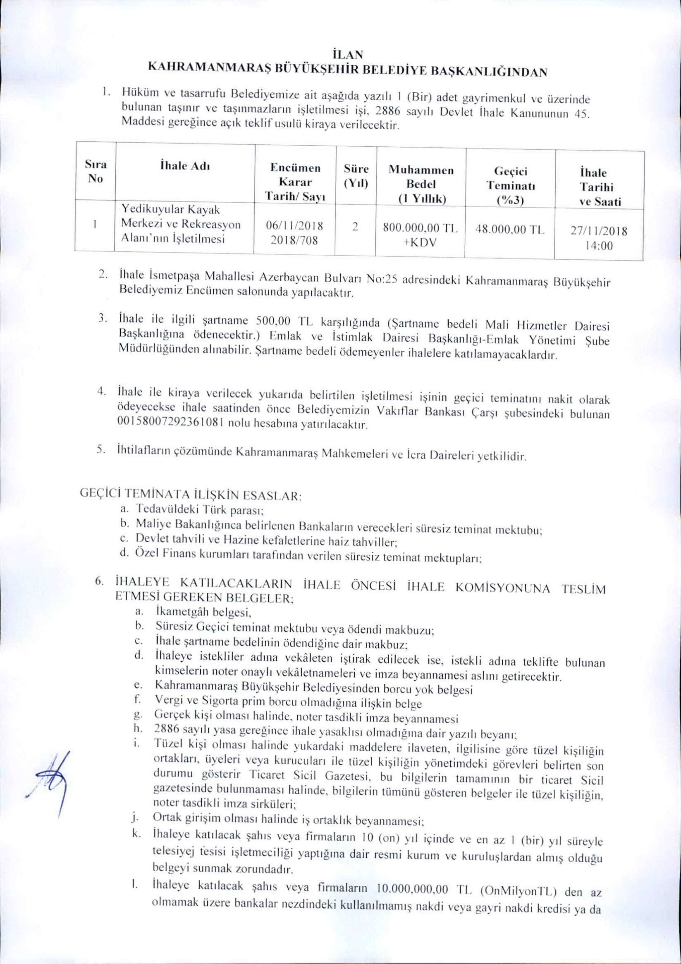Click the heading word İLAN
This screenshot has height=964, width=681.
click(x=341, y=55)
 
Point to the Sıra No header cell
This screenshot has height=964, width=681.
click(x=95, y=171)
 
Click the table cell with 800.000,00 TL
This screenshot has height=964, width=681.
click(x=420, y=228)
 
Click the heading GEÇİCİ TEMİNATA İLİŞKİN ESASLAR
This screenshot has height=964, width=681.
click(x=191, y=495)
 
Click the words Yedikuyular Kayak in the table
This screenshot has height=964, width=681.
click(x=171, y=210)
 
